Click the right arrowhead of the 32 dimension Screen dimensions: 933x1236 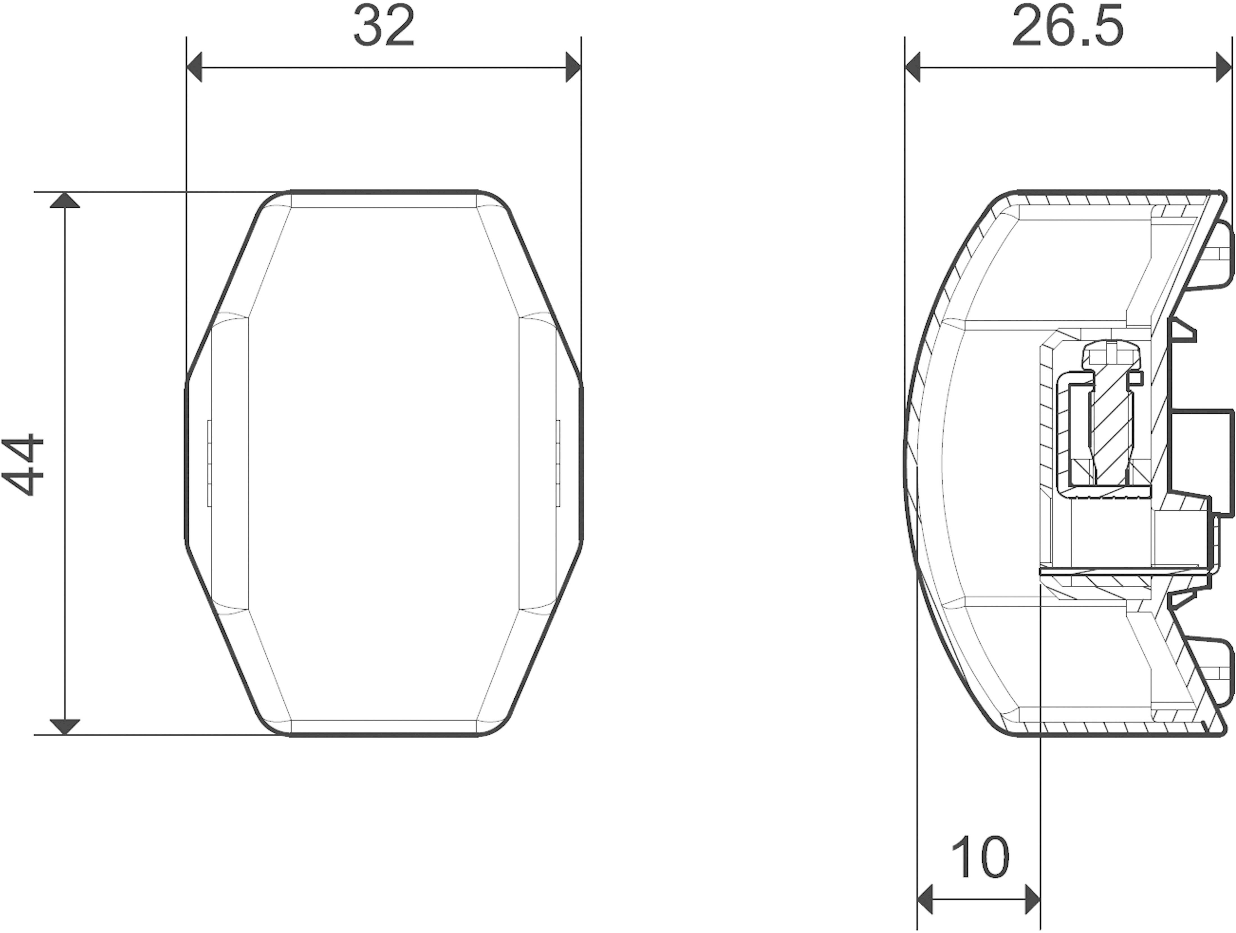tap(573, 68)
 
